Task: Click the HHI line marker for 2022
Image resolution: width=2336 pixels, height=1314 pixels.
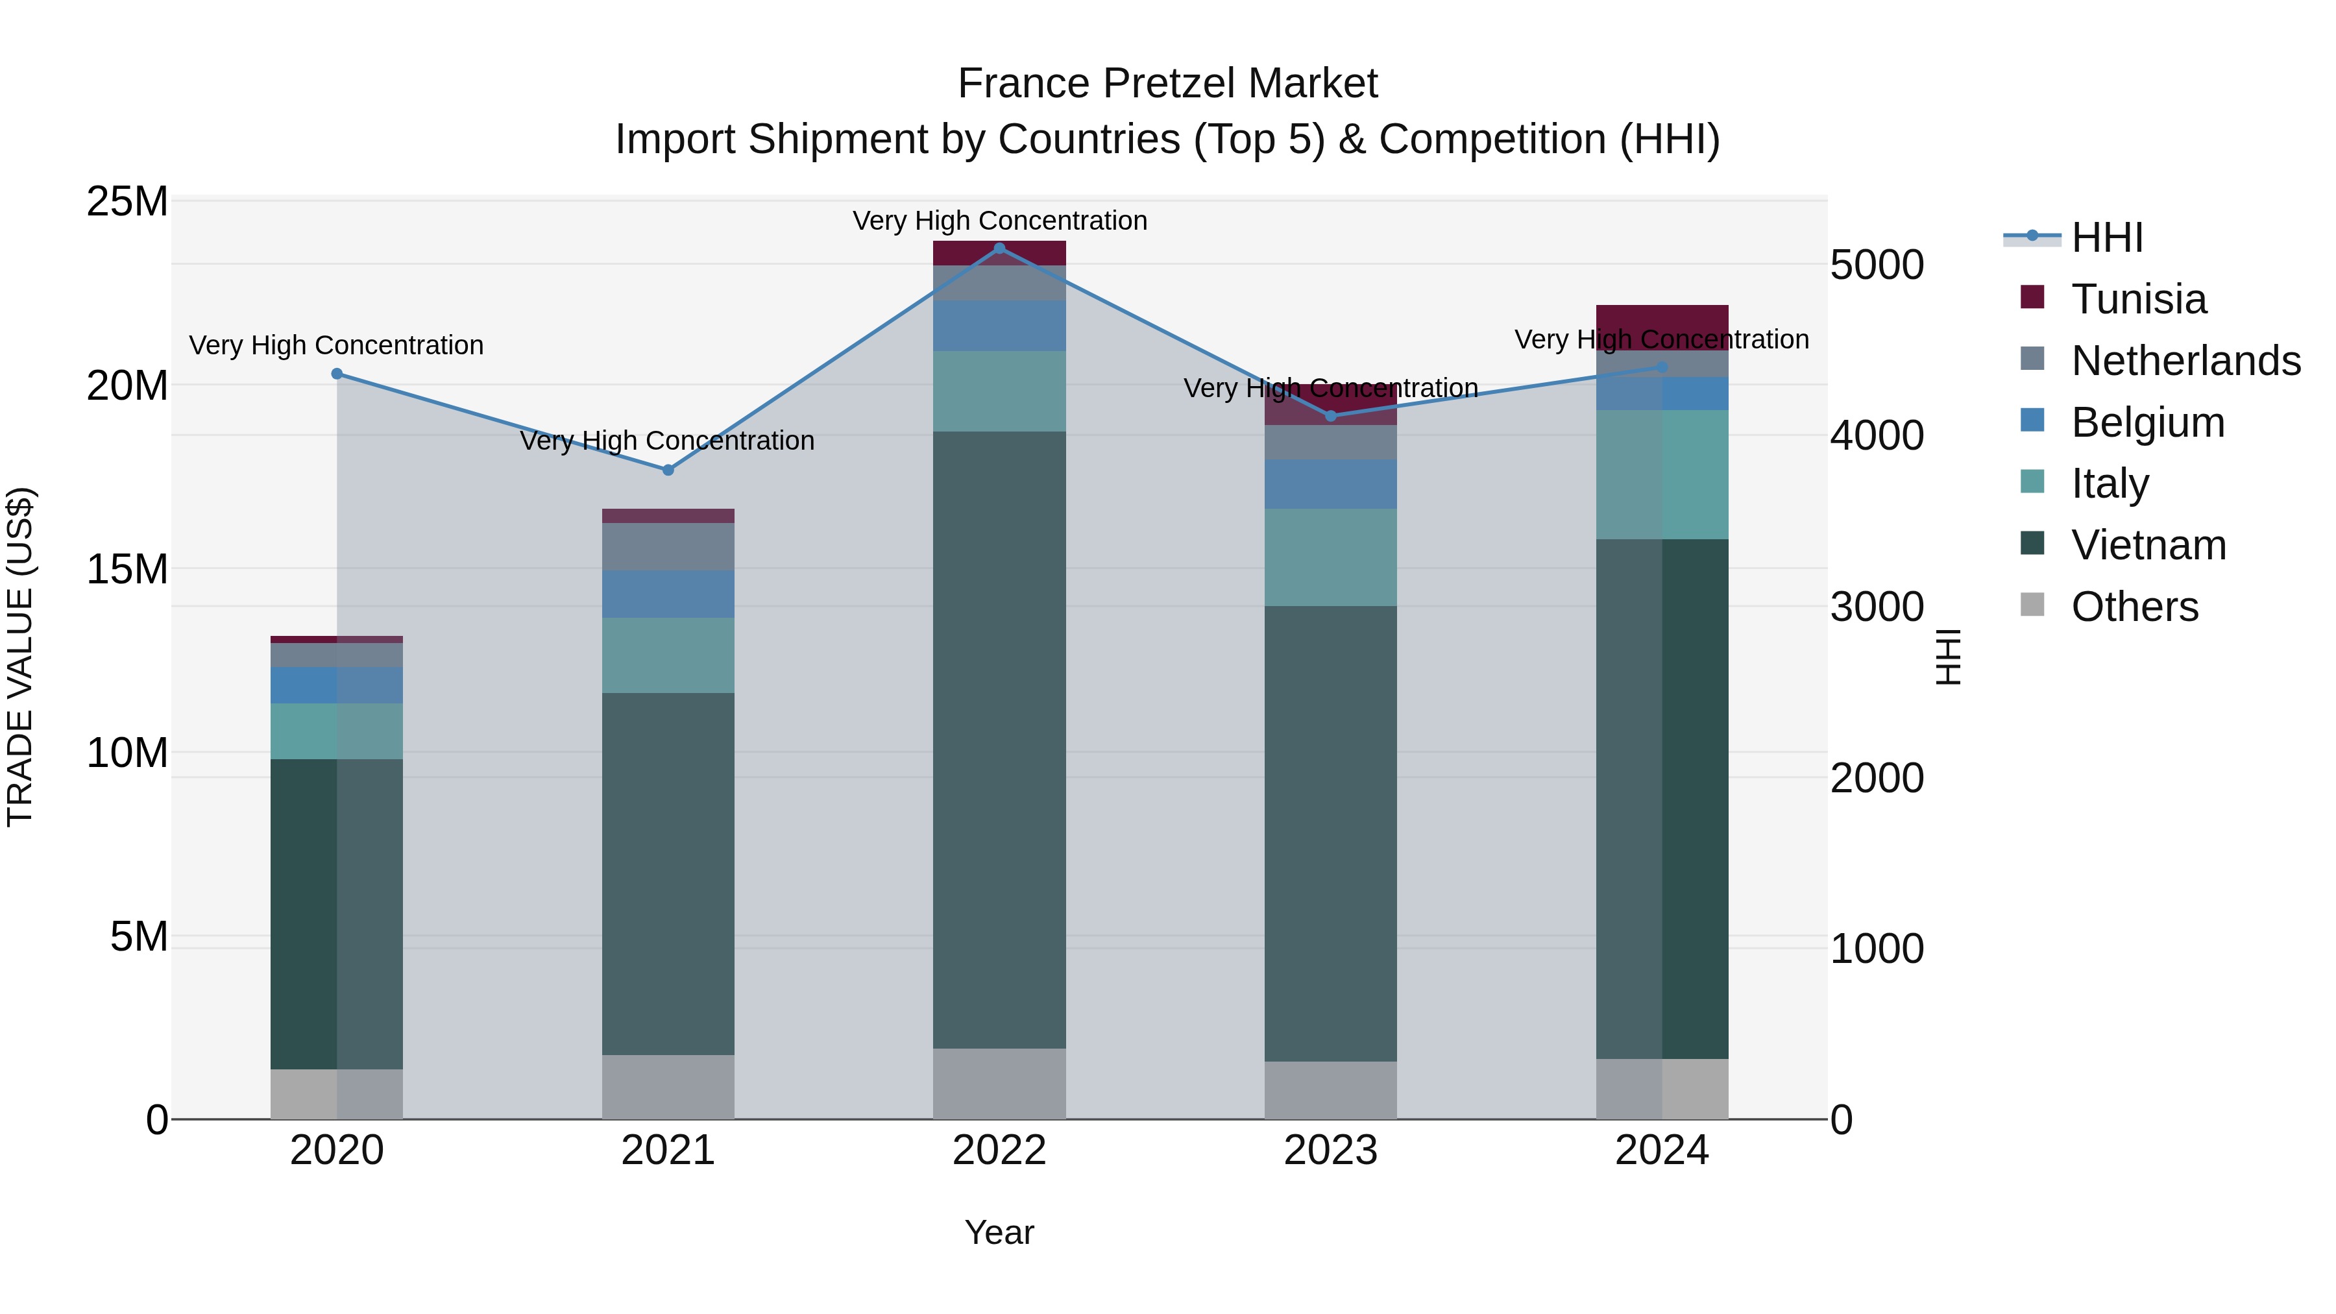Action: click(999, 248)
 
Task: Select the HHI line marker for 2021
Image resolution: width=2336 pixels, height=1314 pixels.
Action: click(668, 470)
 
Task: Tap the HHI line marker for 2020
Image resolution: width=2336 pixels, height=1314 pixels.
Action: click(337, 374)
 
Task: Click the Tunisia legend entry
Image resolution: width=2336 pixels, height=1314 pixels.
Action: click(2138, 299)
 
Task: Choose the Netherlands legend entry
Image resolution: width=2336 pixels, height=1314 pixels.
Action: click(2185, 361)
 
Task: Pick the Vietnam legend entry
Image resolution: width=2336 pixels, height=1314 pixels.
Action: click(2147, 545)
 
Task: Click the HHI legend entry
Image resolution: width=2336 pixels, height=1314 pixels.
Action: click(2106, 237)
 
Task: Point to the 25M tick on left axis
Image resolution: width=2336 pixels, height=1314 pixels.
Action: click(127, 201)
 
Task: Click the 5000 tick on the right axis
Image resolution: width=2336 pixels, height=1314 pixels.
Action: click(1876, 265)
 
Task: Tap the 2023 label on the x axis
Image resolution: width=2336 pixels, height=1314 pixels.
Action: click(1330, 1150)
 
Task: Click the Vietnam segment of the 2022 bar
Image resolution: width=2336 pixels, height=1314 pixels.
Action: click(999, 739)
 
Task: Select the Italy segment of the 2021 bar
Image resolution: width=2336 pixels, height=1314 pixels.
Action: click(668, 655)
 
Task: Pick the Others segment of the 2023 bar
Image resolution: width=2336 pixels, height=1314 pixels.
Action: click(1330, 1090)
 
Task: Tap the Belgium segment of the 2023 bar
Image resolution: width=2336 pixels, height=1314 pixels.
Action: click(1330, 483)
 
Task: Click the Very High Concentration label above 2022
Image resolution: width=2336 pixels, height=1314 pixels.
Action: click(999, 221)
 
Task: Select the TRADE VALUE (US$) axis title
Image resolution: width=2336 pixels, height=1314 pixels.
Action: click(20, 657)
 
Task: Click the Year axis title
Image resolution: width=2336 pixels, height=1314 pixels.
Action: click(999, 1232)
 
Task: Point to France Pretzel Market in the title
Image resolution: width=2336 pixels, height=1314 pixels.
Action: click(1167, 84)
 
